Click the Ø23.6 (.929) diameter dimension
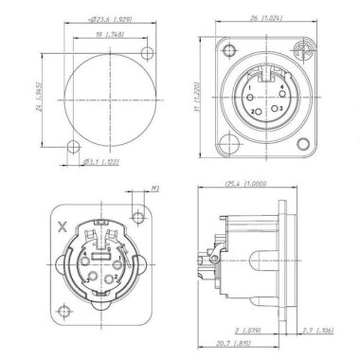(x=99, y=19)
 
